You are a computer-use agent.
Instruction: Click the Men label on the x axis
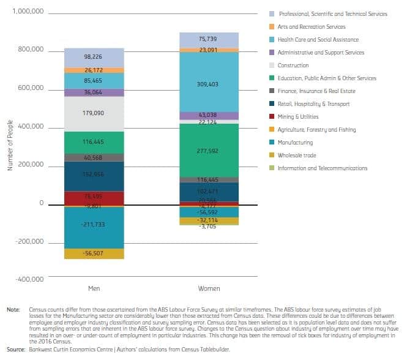[94, 288]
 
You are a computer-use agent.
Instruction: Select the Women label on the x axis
[209, 288]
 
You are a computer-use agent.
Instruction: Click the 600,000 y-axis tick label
[31, 88]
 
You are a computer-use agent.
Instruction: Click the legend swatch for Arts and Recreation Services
[271, 27]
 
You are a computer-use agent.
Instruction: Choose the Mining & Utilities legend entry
[297, 117]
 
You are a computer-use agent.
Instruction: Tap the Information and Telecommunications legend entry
[322, 168]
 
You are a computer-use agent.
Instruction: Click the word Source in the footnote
[16, 348]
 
